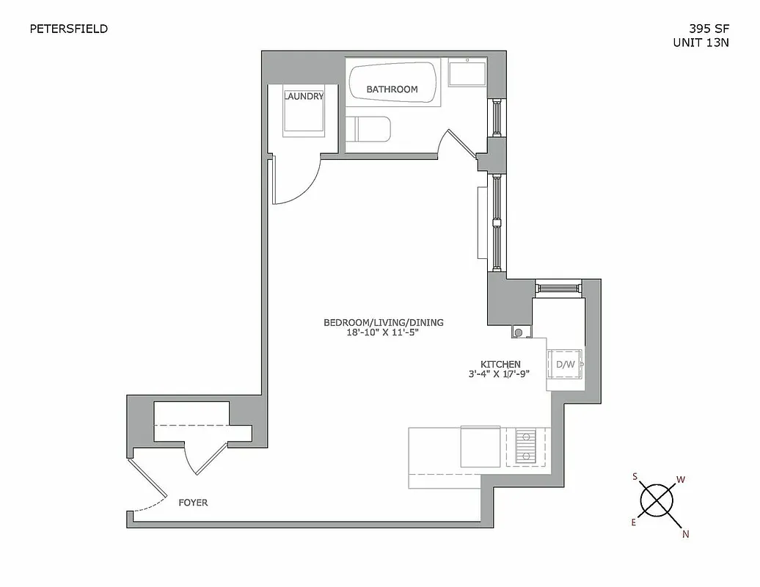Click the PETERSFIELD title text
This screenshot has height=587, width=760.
click(68, 29)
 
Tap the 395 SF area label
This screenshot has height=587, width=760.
click(709, 29)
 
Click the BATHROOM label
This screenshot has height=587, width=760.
click(392, 90)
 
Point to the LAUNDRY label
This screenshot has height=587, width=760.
click(304, 96)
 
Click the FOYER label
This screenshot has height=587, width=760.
click(193, 503)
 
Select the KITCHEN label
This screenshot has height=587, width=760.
click(500, 364)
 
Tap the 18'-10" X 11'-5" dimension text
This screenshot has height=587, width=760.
click(383, 332)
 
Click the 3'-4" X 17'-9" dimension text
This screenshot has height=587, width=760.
click(500, 373)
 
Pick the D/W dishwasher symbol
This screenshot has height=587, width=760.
click(566, 364)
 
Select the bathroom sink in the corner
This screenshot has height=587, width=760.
click(467, 74)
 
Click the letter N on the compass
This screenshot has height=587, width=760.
click(686, 534)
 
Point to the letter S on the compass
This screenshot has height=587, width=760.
click(635, 476)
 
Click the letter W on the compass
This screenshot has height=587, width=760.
click(681, 480)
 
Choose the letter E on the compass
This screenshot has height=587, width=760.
click(634, 522)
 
